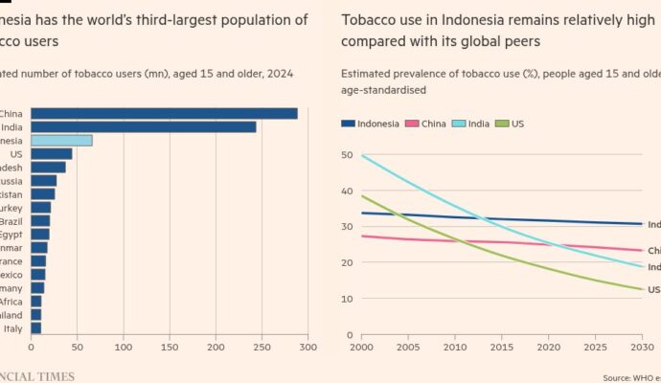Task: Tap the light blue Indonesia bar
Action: [61, 140]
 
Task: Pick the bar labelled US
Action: [52, 153]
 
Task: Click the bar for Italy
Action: [35, 327]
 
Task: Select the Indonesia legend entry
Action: [371, 123]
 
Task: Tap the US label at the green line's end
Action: [653, 289]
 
